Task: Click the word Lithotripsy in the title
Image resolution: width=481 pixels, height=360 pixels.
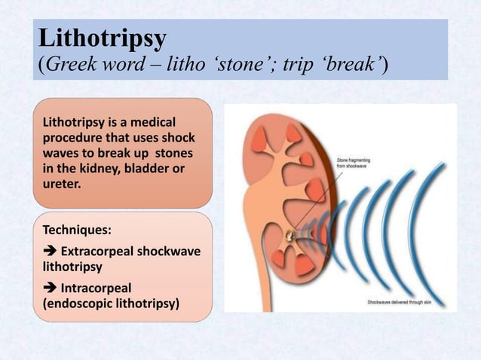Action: point(102,37)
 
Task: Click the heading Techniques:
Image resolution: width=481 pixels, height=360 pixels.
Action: point(75,228)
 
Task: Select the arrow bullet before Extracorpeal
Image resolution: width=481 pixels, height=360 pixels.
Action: point(49,251)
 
